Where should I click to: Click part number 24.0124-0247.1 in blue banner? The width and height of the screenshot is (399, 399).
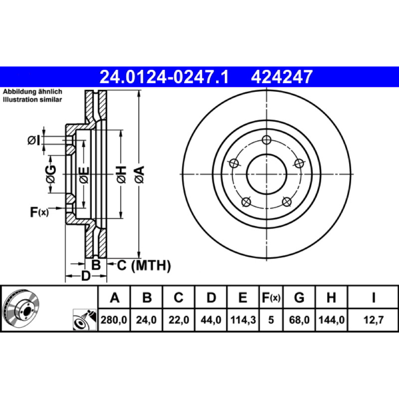point(164,77)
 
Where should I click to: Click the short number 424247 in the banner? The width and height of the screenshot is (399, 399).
point(282,77)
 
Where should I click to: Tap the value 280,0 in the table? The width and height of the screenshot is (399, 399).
point(114,320)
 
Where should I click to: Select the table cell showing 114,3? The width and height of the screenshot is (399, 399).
point(243,320)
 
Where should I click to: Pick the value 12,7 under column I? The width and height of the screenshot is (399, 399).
point(373,320)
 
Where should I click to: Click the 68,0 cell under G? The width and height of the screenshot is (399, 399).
point(299,320)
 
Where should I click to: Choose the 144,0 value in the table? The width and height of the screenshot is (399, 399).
point(331,320)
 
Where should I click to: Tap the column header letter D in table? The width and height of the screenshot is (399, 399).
point(211,297)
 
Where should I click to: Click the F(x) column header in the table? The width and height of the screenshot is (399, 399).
point(271,297)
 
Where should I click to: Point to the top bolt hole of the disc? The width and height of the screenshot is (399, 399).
point(266,140)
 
